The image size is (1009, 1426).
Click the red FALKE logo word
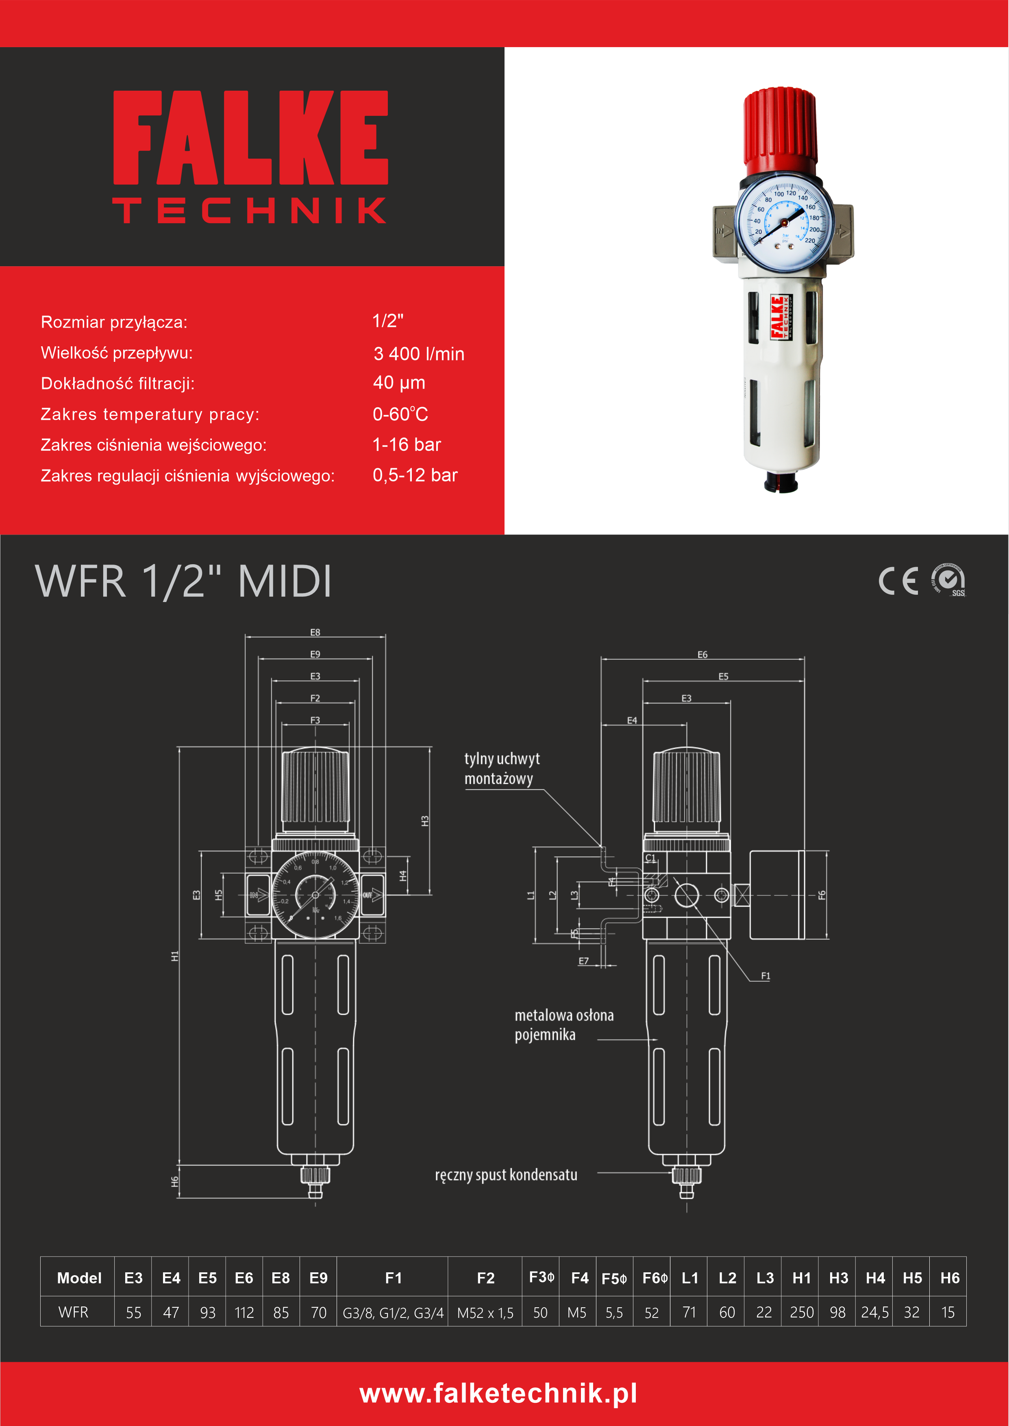(x=250, y=137)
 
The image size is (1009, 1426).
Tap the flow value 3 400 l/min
(x=419, y=354)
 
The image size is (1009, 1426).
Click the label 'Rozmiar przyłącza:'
(x=114, y=322)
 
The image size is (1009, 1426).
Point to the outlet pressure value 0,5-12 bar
(x=415, y=475)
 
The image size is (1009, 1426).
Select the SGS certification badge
(x=949, y=580)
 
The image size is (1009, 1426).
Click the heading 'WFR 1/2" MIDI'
(x=183, y=581)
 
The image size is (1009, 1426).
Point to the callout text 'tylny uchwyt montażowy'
(x=502, y=768)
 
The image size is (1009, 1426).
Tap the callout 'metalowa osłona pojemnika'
(x=563, y=1025)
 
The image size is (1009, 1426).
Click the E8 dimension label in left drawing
(x=315, y=632)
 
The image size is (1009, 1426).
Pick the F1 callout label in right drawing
(x=765, y=976)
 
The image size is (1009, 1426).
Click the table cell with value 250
(x=802, y=1312)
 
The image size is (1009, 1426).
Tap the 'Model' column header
(x=79, y=1278)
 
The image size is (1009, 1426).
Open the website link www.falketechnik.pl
(x=498, y=1393)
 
